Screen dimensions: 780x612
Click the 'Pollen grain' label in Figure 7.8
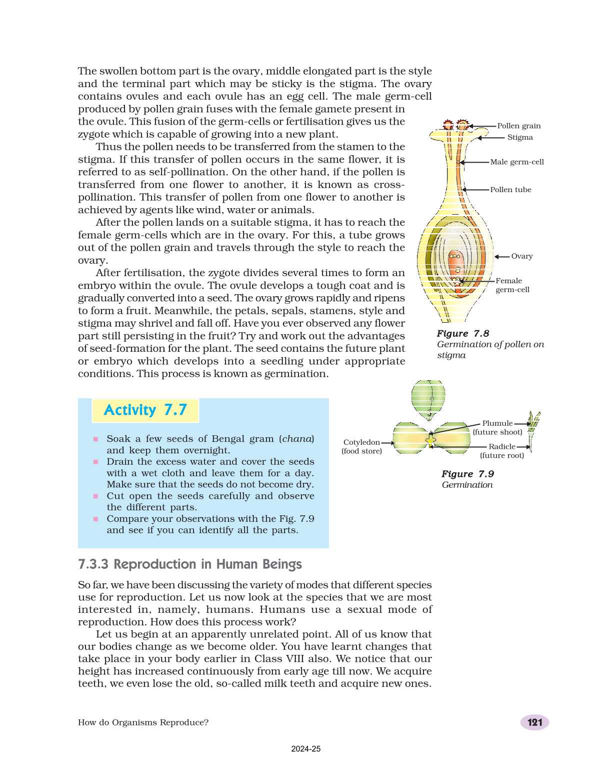coord(518,126)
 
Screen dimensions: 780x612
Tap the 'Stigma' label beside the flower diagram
coord(520,138)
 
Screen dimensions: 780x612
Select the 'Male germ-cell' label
coord(516,162)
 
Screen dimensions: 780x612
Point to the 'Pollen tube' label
coord(510,190)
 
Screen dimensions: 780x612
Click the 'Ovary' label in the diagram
coord(521,256)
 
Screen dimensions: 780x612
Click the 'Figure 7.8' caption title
coord(463,334)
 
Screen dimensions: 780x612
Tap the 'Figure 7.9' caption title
coord(467,474)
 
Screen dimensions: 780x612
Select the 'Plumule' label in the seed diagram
coord(497,423)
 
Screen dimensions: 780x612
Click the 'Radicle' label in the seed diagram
coord(501,447)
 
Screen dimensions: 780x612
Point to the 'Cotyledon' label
coord(361,442)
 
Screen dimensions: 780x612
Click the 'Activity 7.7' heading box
coord(145,410)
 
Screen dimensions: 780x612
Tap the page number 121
coord(534,722)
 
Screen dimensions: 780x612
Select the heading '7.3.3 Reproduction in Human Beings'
coord(190,564)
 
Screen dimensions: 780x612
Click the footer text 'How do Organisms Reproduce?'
coord(143,722)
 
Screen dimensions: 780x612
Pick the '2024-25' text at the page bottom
coord(305,749)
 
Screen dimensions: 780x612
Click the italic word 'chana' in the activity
coord(296,439)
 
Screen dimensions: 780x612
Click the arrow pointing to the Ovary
coord(501,257)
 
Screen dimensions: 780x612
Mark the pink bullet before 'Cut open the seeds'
coord(95,496)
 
